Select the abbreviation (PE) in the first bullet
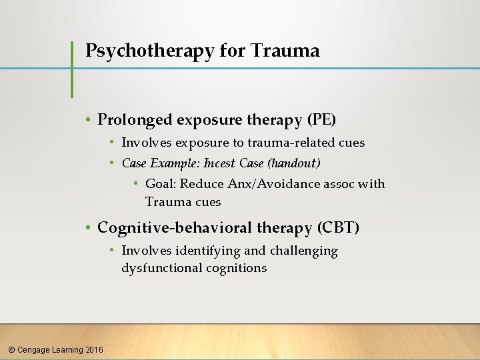321,120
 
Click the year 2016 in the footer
95,349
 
